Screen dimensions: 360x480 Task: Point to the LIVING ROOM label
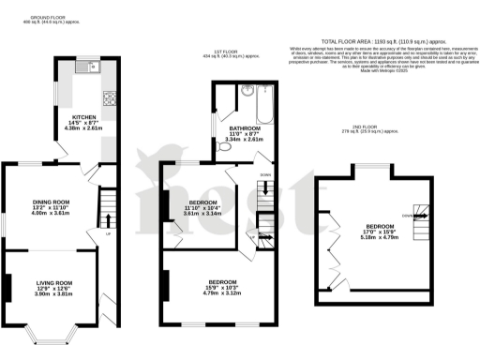pos(53,283)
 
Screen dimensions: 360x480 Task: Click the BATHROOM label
pos(239,129)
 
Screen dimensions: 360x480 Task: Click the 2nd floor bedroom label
pos(380,227)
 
